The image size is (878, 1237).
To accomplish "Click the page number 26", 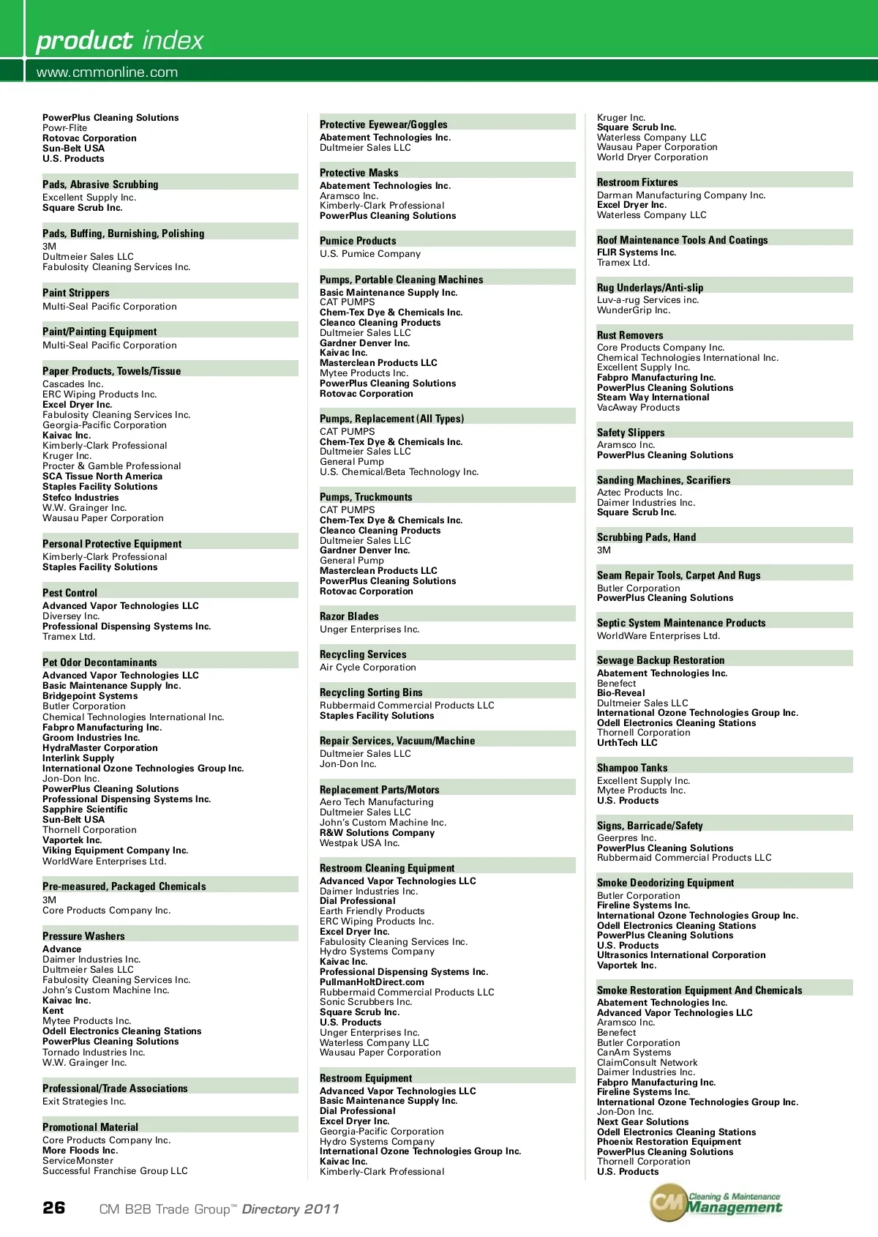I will coord(54,1208).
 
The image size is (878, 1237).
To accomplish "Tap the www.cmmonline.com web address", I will coord(107,72).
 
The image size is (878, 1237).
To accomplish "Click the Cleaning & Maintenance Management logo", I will coord(716,1203).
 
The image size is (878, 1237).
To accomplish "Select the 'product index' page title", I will coord(120,40).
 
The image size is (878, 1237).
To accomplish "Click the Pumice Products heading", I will coord(358,241).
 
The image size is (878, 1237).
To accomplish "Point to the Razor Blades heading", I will coord(349,616).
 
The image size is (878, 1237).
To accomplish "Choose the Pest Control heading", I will coord(70,593).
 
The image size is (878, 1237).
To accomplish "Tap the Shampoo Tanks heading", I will coord(632,768).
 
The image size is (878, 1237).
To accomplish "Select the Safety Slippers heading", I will coord(631,433).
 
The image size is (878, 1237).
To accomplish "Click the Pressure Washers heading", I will coord(83,936).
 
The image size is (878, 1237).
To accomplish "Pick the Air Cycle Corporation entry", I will coord(367,668).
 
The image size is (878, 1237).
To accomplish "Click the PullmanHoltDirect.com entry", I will coord(372,982).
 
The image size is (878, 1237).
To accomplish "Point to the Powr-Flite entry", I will coord(64,128).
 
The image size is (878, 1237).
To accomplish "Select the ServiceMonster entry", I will coord(78,1161).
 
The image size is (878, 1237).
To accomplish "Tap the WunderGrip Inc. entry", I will coord(634,310).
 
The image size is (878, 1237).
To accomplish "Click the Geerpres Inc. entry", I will coord(626,838).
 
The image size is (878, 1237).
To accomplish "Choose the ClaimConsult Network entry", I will coord(647,1063).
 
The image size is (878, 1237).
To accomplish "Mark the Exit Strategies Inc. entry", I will coord(84,1102).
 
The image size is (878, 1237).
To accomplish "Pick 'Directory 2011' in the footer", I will coord(290,1209).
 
